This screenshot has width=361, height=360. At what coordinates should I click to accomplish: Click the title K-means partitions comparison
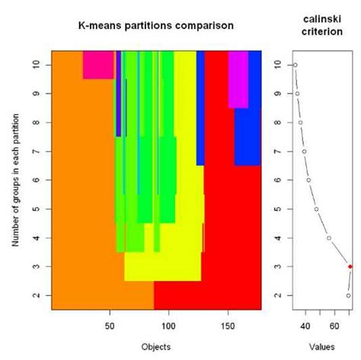[156, 26]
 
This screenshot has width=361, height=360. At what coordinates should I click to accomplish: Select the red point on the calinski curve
[350, 266]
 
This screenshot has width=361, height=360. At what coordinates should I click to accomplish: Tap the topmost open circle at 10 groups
[295, 65]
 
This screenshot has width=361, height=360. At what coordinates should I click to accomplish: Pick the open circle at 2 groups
[348, 295]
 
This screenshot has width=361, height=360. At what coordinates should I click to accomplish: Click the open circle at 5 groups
[316, 209]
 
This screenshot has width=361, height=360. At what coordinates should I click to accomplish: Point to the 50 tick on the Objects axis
[109, 323]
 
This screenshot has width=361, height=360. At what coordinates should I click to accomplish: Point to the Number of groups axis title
[16, 180]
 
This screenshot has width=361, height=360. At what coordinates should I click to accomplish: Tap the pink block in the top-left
[98, 65]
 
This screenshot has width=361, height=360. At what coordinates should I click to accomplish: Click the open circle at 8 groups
[300, 123]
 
